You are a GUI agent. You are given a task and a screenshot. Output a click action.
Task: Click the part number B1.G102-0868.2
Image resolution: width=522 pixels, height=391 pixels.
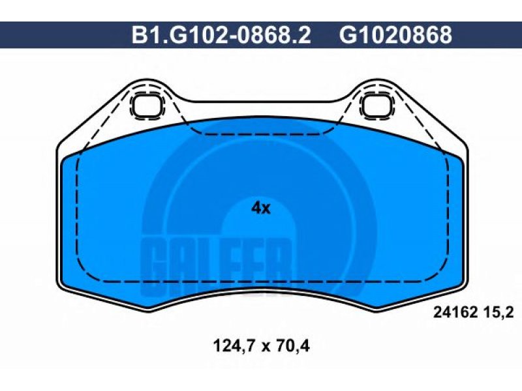pyautogui.click(x=221, y=35)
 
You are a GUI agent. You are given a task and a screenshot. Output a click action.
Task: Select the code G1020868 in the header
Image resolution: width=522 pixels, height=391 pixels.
pyautogui.click(x=396, y=35)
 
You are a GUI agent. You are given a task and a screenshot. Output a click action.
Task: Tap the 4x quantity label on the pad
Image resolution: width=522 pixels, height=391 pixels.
pyautogui.click(x=261, y=209)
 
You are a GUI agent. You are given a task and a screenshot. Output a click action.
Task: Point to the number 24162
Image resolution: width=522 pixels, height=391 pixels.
pyautogui.click(x=455, y=313)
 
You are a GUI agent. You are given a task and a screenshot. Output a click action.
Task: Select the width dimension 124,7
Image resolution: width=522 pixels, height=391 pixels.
pyautogui.click(x=234, y=346)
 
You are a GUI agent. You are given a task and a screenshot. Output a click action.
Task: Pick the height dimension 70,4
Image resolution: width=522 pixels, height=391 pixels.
pyautogui.click(x=293, y=346)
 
